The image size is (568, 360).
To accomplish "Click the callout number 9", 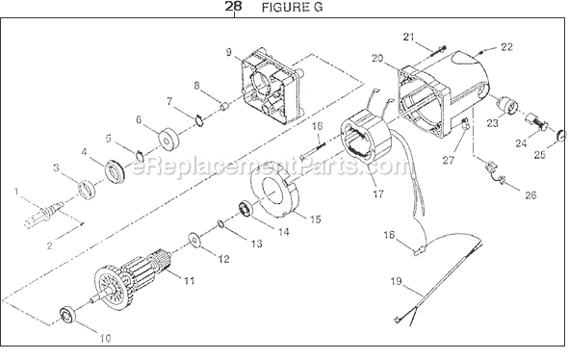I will pyautogui.click(x=229, y=51).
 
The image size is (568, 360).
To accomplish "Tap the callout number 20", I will pyautogui.click(x=378, y=59).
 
